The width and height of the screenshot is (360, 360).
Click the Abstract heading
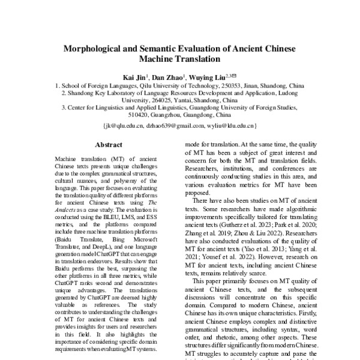click(x=109, y=145)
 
